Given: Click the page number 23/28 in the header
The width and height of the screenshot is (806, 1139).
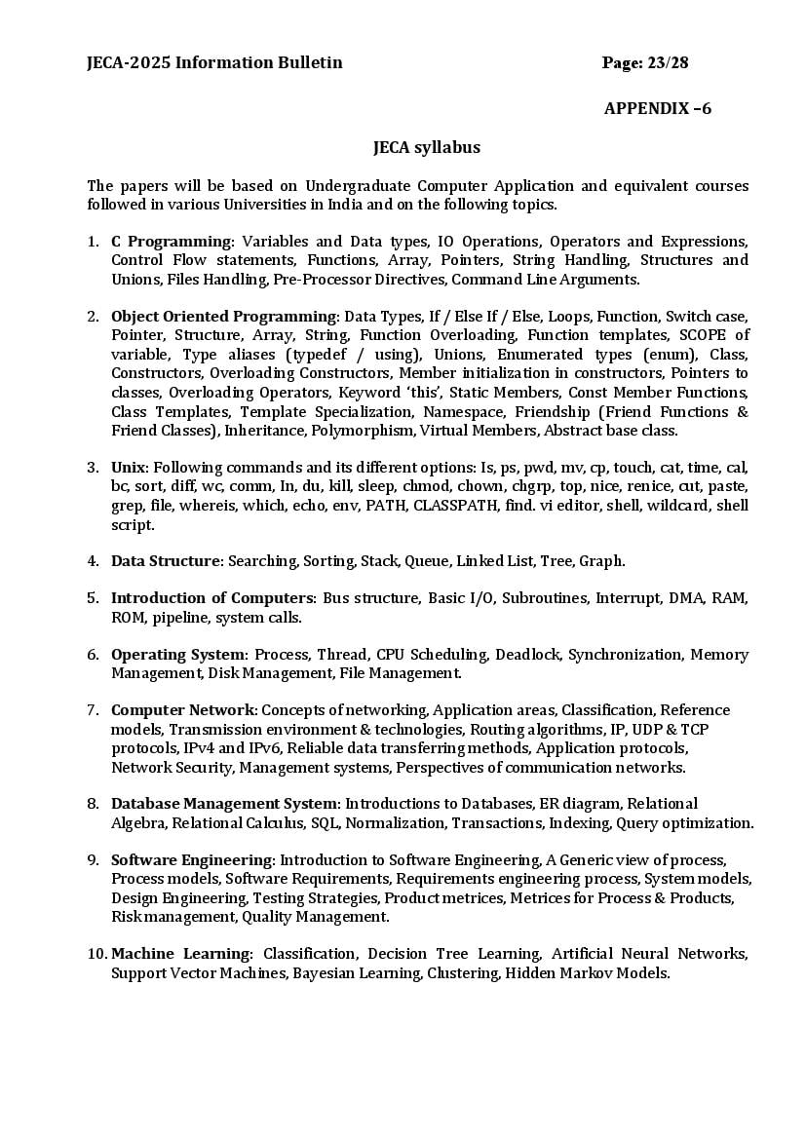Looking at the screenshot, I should pyautogui.click(x=668, y=63).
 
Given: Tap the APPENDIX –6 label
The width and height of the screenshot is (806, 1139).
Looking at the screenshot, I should pyautogui.click(x=658, y=108).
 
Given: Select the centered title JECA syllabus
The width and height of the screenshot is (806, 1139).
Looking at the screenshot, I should pyautogui.click(x=427, y=148).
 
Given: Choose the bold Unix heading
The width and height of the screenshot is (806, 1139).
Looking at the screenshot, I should pyautogui.click(x=130, y=468).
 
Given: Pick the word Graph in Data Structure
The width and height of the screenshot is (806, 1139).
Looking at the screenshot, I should pyautogui.click(x=600, y=561).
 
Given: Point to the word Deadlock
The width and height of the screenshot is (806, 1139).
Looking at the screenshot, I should pyautogui.click(x=526, y=655).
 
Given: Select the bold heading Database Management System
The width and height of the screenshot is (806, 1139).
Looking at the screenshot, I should pyautogui.click(x=225, y=805).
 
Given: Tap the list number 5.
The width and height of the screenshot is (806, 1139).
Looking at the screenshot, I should pyautogui.click(x=93, y=598).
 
